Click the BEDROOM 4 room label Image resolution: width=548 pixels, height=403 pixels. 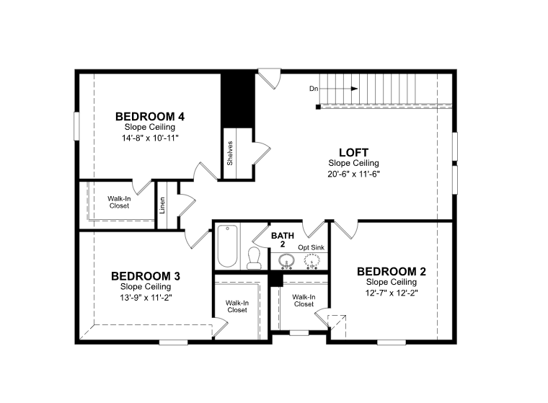click(150, 116)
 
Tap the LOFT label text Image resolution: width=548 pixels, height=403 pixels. click(354, 152)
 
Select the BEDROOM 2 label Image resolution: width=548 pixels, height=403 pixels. click(392, 271)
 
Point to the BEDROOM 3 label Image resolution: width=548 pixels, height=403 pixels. click(146, 276)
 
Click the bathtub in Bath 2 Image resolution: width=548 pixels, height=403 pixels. click(228, 246)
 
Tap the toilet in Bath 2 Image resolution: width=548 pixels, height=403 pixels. click(254, 258)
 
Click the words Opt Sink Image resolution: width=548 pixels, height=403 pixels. click(311, 247)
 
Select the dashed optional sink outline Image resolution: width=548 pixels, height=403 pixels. click(311, 262)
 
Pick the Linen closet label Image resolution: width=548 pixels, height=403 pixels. click(162, 205)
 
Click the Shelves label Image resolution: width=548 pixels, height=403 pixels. click(229, 153)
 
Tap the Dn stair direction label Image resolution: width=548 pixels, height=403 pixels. click(314, 89)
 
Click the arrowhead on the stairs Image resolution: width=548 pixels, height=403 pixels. click(354, 89)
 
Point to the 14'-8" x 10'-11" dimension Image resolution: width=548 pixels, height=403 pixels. click(150, 138)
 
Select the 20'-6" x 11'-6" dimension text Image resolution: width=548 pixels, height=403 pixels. click(354, 174)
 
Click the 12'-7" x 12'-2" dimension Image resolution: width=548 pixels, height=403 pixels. click(392, 293)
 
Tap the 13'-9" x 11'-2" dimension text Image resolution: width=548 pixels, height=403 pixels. click(146, 298)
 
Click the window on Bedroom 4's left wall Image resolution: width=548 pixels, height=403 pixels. click(76, 126)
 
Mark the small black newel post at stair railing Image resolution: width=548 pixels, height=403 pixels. click(318, 107)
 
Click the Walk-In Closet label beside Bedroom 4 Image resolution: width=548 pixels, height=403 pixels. click(119, 202)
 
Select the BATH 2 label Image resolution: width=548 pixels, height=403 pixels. click(283, 240)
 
